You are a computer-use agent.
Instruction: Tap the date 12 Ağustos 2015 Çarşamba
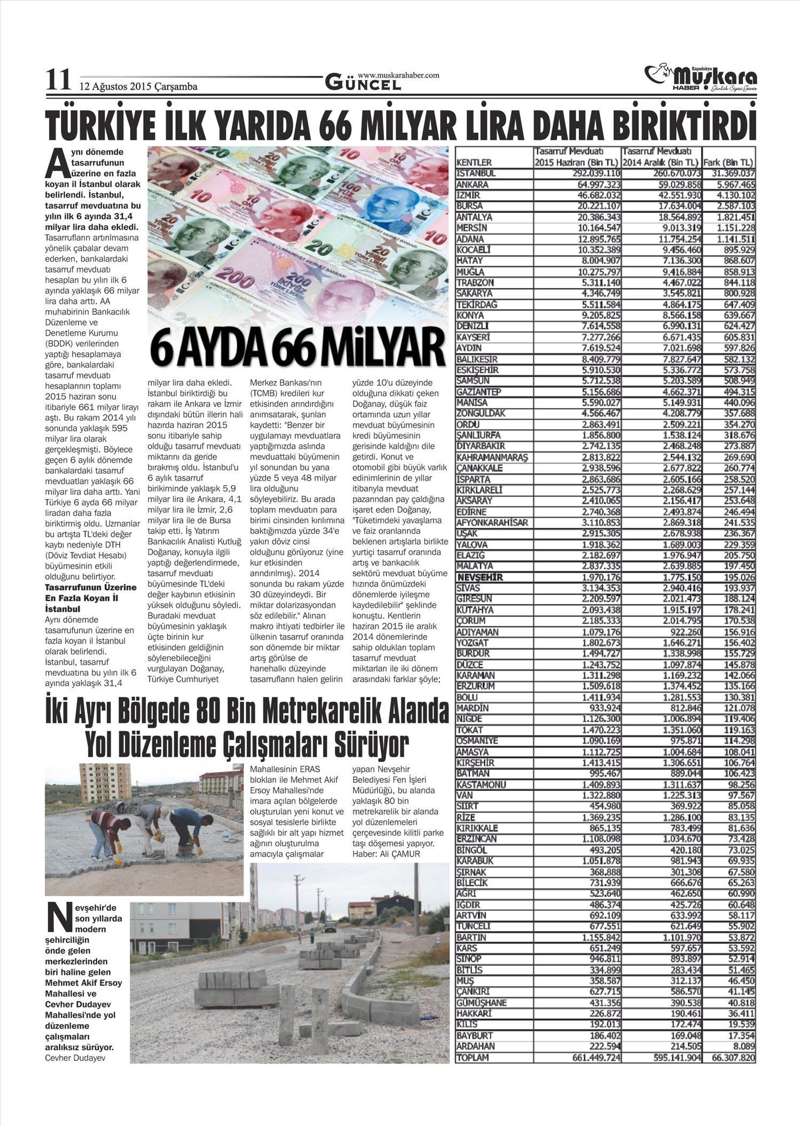point(138,86)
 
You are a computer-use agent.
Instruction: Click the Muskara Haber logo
point(701,78)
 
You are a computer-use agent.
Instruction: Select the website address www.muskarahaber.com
point(398,75)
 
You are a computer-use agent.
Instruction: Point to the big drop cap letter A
point(56,164)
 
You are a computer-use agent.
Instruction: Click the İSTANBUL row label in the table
point(476,173)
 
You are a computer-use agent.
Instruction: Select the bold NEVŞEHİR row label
point(480,577)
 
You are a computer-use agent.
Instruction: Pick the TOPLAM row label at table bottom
point(473,1057)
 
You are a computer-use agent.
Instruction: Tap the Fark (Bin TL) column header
point(728,162)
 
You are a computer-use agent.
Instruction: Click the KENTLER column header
point(474,162)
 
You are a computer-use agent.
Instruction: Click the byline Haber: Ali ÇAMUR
point(386,854)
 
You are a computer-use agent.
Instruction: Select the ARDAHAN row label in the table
point(476,1046)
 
